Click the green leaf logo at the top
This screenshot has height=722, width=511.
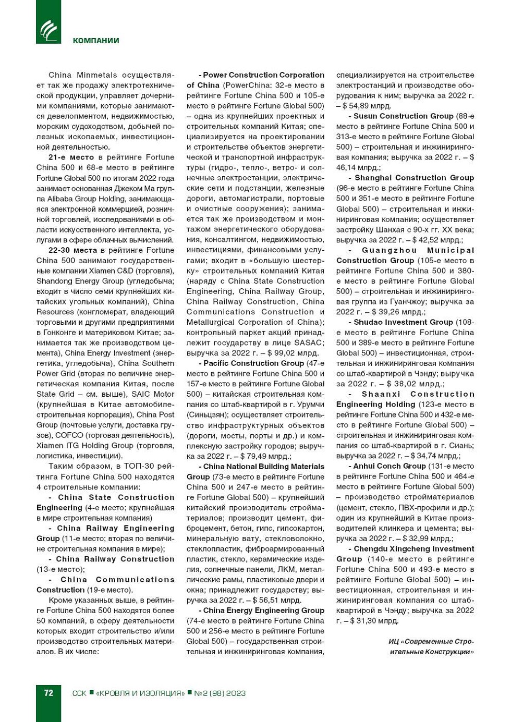click(48, 31)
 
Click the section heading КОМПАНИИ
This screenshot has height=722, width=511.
click(96, 41)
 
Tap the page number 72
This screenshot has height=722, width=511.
click(48, 693)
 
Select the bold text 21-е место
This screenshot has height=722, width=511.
click(71, 157)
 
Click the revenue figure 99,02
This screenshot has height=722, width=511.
click(286, 353)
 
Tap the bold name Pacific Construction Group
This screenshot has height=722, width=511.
click(253, 363)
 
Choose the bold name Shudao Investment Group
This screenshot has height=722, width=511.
click(403, 322)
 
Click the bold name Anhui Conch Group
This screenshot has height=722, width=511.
click(390, 466)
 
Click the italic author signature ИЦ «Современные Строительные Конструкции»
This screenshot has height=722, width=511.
click(431, 646)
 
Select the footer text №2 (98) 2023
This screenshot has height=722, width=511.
click(220, 693)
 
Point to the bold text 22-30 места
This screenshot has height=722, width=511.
click(72, 250)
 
